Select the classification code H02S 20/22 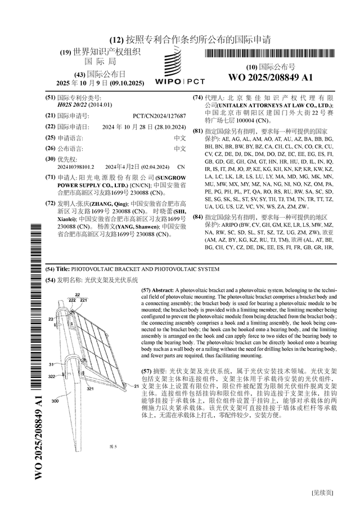(76, 105)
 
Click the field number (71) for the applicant (50, 177)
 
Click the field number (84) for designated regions (197, 217)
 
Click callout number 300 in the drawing (55, 401)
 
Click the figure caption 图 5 (113, 446)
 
